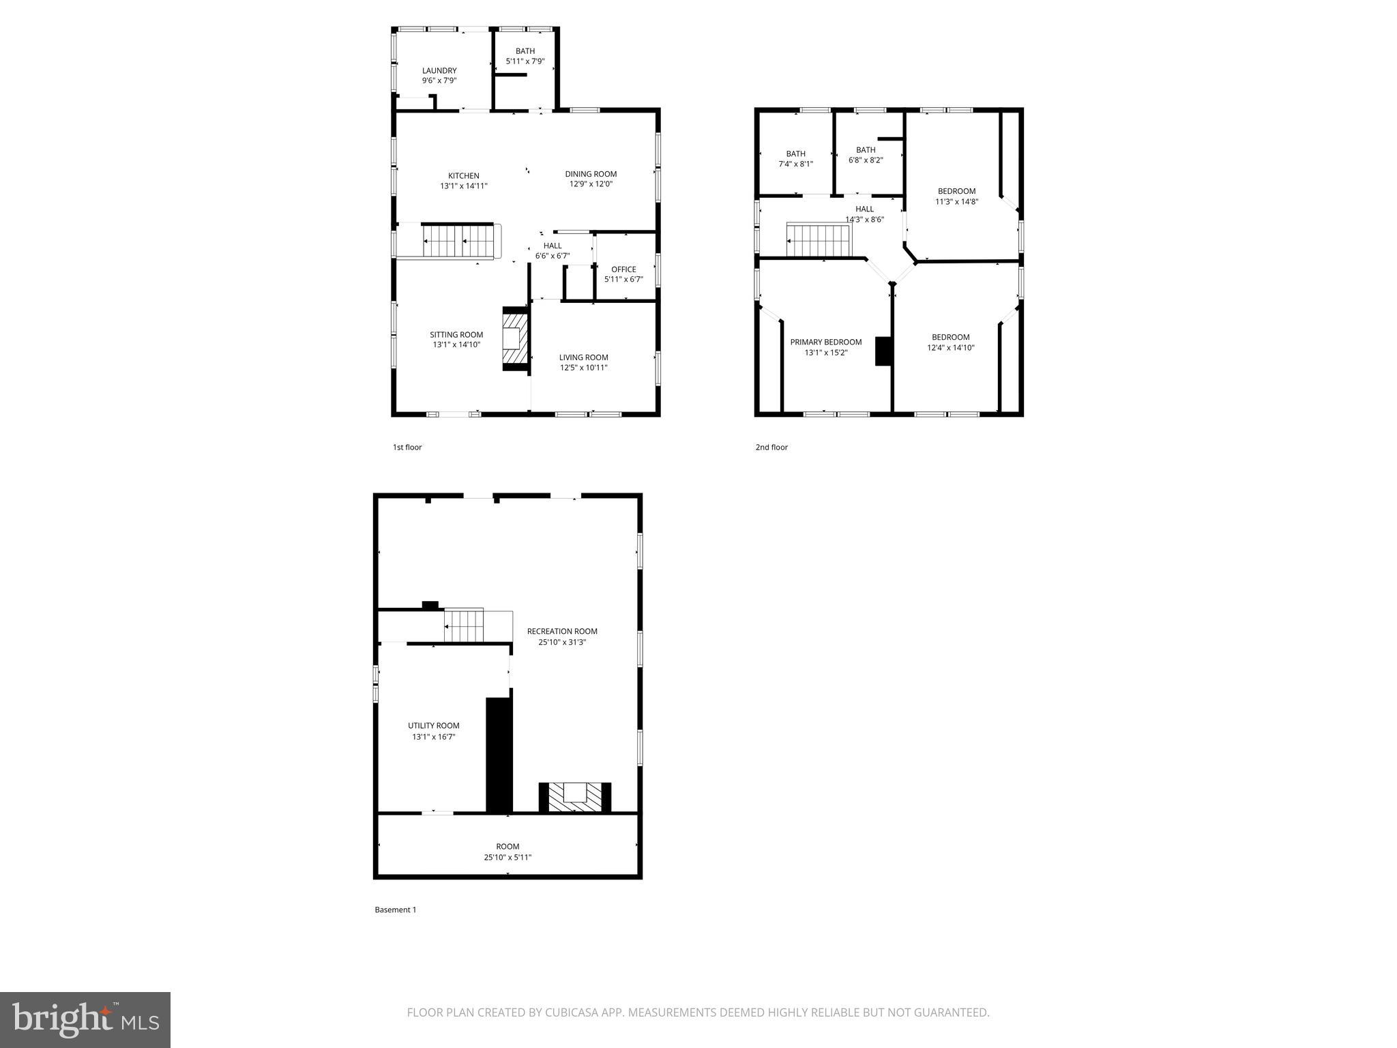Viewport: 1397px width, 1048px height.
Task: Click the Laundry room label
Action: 439,71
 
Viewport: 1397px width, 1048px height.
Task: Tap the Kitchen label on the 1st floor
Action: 464,176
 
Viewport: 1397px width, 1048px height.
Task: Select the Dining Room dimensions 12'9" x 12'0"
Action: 591,184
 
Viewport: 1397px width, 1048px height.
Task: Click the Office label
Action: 623,270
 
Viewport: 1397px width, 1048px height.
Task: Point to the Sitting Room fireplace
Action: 515,338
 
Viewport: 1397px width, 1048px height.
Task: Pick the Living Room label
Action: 583,358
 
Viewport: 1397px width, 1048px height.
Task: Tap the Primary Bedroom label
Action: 825,343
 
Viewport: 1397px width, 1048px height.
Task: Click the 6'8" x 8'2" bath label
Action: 866,160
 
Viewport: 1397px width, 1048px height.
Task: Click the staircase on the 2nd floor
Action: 819,240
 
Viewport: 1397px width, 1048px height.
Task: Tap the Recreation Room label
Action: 562,632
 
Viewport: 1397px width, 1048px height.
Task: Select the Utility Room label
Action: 434,726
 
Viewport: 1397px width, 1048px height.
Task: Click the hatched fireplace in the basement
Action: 575,797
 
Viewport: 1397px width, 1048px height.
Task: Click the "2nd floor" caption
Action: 771,448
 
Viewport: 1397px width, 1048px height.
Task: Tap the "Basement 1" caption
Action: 395,909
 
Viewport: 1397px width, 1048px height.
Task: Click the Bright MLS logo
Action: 85,1019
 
